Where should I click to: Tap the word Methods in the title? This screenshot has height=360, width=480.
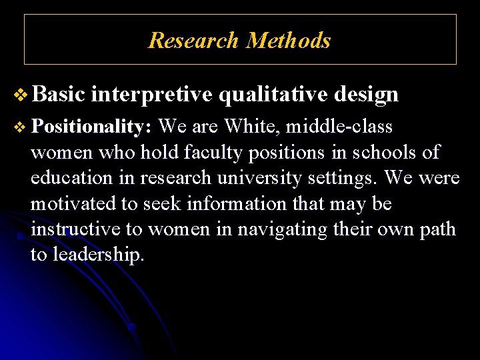[288, 41]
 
